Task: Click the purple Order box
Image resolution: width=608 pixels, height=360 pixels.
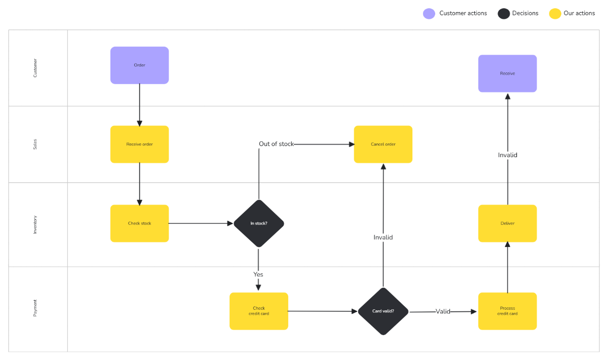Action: tap(139, 65)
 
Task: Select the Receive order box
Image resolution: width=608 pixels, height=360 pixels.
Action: tap(139, 145)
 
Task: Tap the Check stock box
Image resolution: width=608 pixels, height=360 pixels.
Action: tap(139, 224)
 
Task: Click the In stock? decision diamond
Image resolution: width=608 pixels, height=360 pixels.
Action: tap(259, 224)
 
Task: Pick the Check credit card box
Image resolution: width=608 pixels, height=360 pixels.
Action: tap(259, 311)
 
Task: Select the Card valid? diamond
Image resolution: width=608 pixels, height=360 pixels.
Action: tap(383, 311)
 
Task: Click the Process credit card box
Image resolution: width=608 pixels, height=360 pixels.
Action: tap(507, 311)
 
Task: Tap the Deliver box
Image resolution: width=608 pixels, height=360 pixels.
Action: tap(507, 224)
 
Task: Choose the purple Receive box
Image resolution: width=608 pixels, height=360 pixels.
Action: tap(507, 74)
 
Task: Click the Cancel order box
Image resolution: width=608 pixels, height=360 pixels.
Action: tap(383, 145)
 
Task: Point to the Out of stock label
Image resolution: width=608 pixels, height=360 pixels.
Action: tap(276, 144)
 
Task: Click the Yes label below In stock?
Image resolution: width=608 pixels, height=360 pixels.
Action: tap(258, 274)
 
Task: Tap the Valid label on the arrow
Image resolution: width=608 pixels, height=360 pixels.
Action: tap(443, 311)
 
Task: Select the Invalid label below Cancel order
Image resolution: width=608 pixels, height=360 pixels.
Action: tap(383, 237)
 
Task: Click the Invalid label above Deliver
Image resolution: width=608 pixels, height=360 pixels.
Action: tap(507, 155)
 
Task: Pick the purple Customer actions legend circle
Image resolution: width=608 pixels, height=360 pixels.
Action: tap(429, 14)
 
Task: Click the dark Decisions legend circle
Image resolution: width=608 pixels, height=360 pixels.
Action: tap(504, 14)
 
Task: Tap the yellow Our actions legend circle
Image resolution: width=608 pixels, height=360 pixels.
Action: tap(555, 14)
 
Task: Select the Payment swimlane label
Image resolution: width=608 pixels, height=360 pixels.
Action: tap(35, 308)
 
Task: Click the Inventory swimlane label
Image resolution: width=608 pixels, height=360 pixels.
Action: tap(35, 224)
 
